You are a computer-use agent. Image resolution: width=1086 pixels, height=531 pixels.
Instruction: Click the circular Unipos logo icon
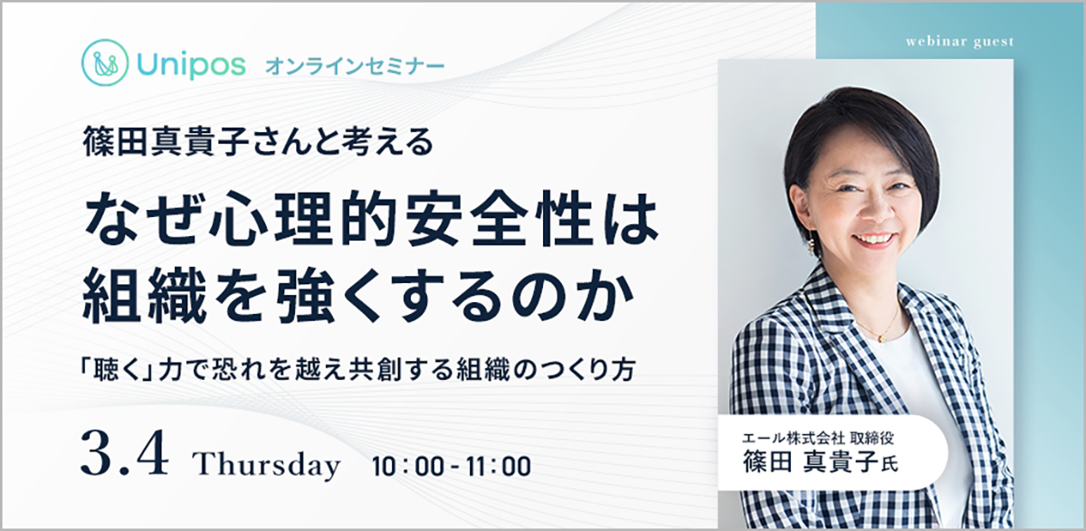[x=105, y=62]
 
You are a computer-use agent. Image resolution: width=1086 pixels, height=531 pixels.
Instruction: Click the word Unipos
[x=192, y=64]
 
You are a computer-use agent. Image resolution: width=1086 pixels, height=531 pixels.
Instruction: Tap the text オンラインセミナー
[x=355, y=66]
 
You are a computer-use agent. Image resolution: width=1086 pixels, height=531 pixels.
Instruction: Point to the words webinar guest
[x=960, y=43]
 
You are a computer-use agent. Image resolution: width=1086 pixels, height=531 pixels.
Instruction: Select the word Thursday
[x=267, y=464]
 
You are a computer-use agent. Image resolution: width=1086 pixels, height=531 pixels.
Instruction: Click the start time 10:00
[x=408, y=466]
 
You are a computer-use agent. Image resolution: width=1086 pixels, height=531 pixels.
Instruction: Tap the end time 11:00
[x=499, y=466]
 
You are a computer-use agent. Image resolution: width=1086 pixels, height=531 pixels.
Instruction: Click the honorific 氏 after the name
[x=890, y=465]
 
